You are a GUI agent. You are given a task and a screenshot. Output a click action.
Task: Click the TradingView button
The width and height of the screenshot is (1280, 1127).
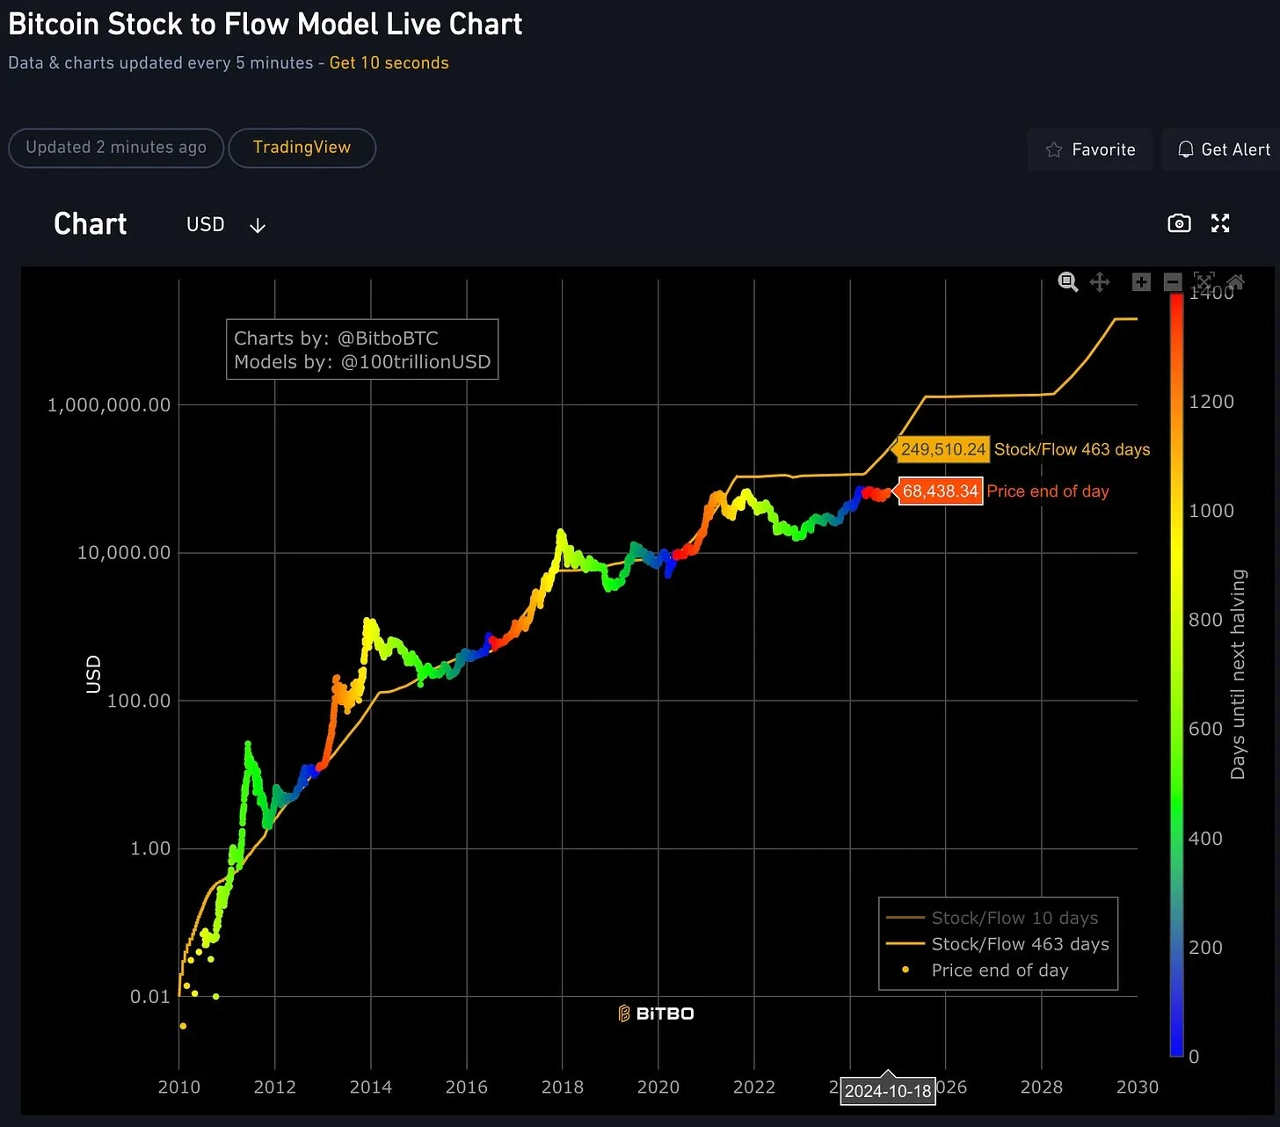tap(302, 148)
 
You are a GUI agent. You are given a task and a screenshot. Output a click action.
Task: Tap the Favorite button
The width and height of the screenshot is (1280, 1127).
tap(1090, 149)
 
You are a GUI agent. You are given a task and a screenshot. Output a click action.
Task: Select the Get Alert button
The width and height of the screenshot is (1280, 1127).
tap(1224, 149)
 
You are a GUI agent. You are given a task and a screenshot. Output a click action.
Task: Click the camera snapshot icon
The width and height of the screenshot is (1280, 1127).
tap(1179, 223)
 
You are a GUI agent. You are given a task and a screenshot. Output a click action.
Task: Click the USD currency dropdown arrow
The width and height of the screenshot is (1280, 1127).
tap(257, 226)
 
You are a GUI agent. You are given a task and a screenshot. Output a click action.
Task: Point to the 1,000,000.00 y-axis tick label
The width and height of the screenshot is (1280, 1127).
tap(108, 405)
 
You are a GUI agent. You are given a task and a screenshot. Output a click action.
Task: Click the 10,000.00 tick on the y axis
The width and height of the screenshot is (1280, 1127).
tap(123, 553)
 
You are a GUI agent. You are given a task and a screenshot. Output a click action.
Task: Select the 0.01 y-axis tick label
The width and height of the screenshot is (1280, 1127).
tap(149, 997)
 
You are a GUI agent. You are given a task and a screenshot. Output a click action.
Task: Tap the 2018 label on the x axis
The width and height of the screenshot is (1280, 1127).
tap(562, 1087)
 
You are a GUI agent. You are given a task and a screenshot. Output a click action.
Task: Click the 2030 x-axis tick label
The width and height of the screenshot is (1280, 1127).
tap(1137, 1087)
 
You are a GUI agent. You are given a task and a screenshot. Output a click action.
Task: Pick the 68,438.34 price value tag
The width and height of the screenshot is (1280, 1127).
tap(940, 491)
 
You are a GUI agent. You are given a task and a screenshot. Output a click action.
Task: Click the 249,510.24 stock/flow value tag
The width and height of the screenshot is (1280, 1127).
tap(943, 449)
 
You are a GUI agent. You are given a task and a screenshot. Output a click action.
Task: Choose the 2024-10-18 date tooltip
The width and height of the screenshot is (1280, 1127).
tap(887, 1091)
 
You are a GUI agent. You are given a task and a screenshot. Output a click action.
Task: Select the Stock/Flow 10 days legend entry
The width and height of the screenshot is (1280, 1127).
tap(1014, 918)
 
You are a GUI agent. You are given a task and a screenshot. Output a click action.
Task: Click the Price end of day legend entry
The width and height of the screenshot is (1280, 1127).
tap(1000, 971)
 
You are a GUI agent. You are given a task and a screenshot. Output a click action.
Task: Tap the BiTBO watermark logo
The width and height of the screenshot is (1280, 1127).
tap(656, 1014)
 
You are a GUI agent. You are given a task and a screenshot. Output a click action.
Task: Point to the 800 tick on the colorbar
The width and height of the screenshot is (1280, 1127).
tap(1205, 620)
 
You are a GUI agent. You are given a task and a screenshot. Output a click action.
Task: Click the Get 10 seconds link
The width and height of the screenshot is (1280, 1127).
tap(389, 63)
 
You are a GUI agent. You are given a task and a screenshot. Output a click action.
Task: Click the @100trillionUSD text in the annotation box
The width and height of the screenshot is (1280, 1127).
tap(416, 362)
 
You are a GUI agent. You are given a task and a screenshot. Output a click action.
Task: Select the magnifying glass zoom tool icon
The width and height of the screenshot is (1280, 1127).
tap(1067, 282)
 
